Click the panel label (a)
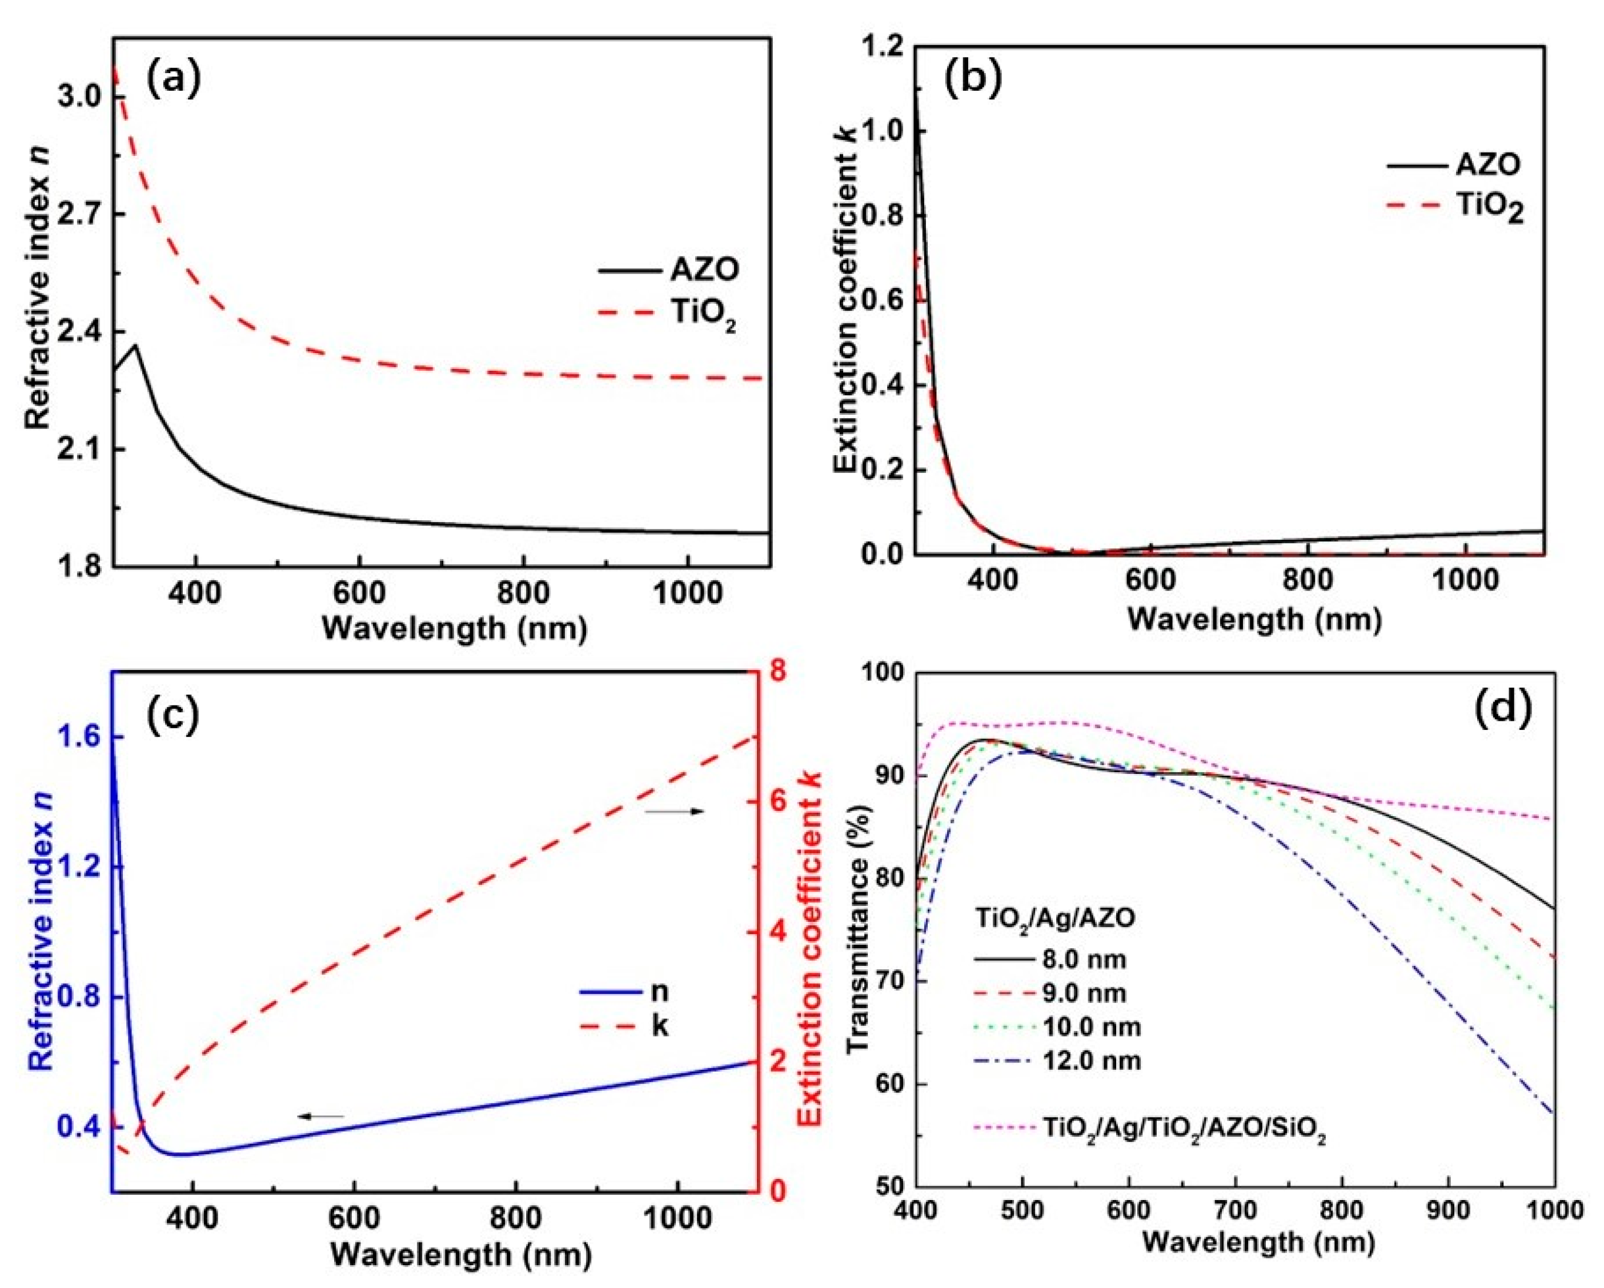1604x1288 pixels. point(173,79)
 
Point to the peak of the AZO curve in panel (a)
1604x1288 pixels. point(135,345)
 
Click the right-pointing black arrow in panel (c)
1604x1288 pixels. point(674,811)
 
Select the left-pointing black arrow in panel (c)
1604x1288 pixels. point(322,1116)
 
